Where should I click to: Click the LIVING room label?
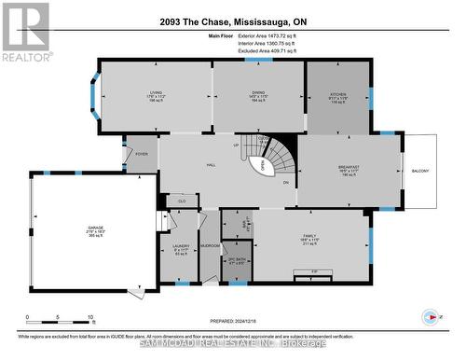click(156, 92)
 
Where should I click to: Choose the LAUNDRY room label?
click(181, 246)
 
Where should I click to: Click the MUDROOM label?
click(210, 246)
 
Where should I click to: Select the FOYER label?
click(142, 155)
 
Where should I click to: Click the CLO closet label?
click(182, 201)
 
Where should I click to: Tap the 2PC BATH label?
click(237, 261)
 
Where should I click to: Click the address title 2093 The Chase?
click(232, 22)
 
